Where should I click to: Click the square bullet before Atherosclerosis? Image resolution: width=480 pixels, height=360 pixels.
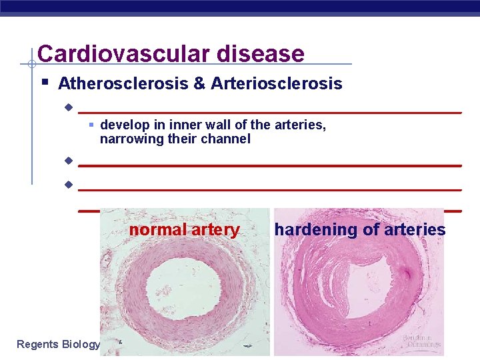[x=44, y=83]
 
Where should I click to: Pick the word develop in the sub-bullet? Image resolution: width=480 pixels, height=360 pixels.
[x=123, y=125]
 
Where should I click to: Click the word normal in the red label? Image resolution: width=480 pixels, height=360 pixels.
[x=157, y=230]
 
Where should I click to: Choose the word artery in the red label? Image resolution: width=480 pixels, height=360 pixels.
[x=215, y=230]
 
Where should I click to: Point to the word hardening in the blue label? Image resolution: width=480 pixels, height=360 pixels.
[x=316, y=230]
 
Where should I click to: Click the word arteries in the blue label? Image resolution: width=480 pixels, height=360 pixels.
[x=415, y=230]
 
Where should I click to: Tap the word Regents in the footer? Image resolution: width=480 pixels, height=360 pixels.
[x=37, y=344]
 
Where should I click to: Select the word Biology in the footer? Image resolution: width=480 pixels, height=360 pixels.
[x=81, y=344]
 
